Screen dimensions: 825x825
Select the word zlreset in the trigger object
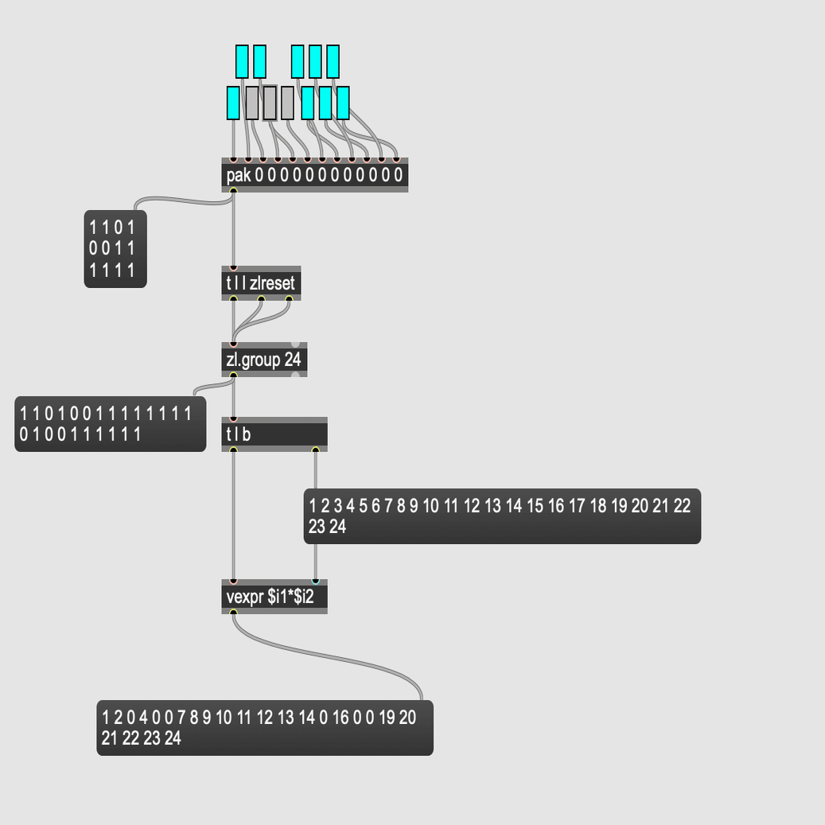[x=272, y=283]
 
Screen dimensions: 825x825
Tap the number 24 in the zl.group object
[x=293, y=360]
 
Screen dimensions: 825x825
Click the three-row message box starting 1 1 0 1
[x=115, y=248]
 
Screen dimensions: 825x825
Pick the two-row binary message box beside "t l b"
[x=110, y=423]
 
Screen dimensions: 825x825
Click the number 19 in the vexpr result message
[x=387, y=718]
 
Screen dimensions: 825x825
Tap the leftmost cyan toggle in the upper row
[x=242, y=61]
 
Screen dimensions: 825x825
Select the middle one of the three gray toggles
[x=270, y=103]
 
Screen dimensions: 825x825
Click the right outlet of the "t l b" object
[x=315, y=450]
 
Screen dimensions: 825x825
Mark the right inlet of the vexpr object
[x=315, y=582]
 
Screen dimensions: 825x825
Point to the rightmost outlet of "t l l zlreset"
[x=289, y=299]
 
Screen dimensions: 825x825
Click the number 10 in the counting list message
[x=430, y=506]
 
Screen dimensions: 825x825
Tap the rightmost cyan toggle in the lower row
[x=343, y=103]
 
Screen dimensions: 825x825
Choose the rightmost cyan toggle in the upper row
[x=333, y=61]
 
